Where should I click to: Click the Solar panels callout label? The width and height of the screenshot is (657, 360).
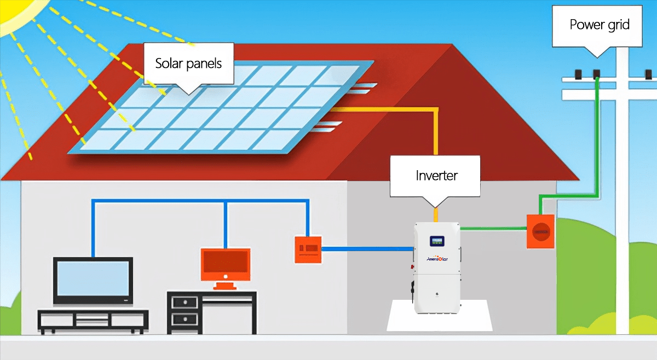pyautogui.click(x=188, y=63)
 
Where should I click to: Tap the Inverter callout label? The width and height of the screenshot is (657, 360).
pyautogui.click(x=436, y=176)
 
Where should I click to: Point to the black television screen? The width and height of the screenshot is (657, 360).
pyautogui.click(x=93, y=280)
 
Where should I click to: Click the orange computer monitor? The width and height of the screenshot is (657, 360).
pyautogui.click(x=226, y=265)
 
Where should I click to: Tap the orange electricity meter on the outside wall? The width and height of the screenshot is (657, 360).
pyautogui.click(x=541, y=231)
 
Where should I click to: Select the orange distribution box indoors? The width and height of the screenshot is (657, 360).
pyautogui.click(x=308, y=249)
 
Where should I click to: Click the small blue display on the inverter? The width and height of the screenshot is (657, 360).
pyautogui.click(x=437, y=241)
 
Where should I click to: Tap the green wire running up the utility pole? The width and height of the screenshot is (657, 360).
pyautogui.click(x=597, y=137)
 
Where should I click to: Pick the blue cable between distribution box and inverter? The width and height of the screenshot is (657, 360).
pyautogui.click(x=367, y=249)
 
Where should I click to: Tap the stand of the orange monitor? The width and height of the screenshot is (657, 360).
pyautogui.click(x=225, y=284)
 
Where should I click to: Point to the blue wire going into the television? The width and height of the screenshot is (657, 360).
pyautogui.click(x=94, y=230)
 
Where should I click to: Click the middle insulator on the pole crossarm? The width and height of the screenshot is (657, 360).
pyautogui.click(x=597, y=73)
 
